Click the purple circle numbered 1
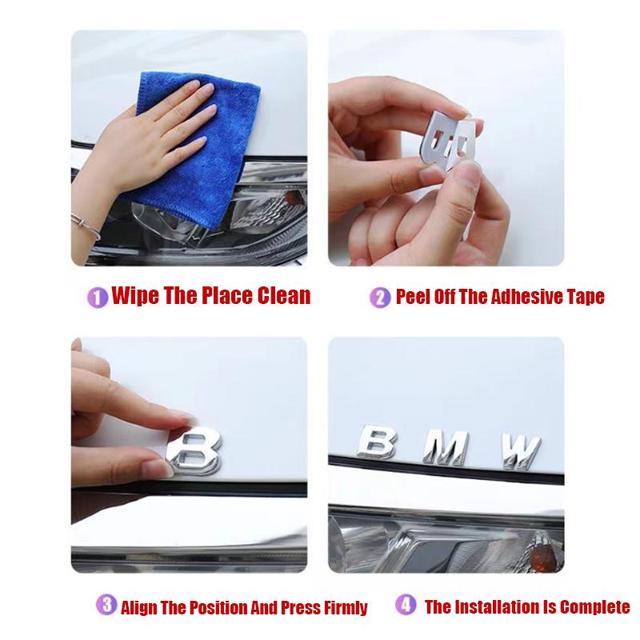coord(98,297)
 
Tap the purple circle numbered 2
coord(380,298)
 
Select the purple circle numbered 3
coord(106,605)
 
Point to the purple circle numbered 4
coord(406,605)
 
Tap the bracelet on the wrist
coord(85,226)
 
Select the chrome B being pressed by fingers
coord(194,450)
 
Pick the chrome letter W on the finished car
coord(522,452)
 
